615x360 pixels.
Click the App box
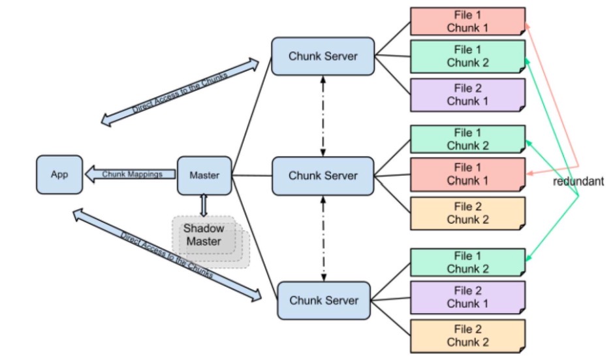pos(59,174)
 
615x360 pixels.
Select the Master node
pos(204,175)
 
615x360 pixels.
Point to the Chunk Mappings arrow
pos(131,174)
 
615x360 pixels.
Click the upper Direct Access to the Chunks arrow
pos(180,91)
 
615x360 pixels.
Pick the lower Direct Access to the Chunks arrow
pos(167,255)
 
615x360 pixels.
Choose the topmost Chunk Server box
pos(323,56)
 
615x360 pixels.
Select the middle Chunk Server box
pos(323,176)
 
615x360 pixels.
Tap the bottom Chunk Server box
pos(323,301)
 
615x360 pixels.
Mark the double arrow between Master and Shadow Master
pos(203,205)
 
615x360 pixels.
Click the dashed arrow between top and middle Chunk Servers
pos(323,116)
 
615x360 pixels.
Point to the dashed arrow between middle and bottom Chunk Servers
pos(323,238)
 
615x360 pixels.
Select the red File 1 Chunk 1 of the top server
pos(467,21)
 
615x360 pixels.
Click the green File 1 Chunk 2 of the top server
pos(467,56)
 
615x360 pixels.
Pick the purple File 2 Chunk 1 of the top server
pos(467,94)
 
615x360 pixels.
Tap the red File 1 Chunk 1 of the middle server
pos(467,174)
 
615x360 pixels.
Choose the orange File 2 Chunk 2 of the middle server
pos(467,212)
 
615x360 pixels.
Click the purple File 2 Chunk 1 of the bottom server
pos(467,297)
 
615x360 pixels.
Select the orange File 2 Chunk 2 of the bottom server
pos(467,335)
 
